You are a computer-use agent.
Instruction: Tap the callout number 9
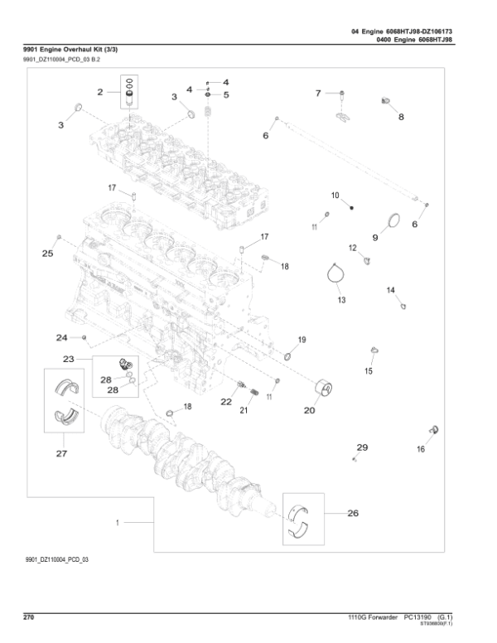click(x=374, y=237)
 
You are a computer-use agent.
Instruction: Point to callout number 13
click(x=341, y=299)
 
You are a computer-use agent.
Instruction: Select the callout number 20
click(x=309, y=409)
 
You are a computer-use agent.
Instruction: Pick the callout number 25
click(x=47, y=253)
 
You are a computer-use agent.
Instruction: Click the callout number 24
click(x=61, y=337)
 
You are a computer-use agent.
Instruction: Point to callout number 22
click(x=225, y=401)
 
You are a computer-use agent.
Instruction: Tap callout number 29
click(x=361, y=447)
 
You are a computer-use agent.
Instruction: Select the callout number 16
click(x=421, y=448)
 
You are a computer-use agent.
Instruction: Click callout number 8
click(x=402, y=117)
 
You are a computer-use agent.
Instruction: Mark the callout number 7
click(x=317, y=94)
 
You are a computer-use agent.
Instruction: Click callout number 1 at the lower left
click(x=118, y=524)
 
